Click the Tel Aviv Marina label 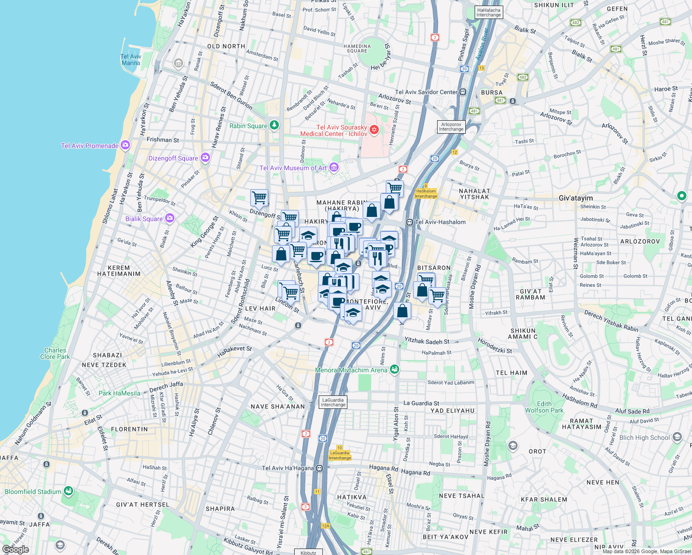pos(130,60)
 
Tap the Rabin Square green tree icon pos(275,125)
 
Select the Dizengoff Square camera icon pos(205,158)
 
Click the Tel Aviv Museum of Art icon pos(334,167)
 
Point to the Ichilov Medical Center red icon pos(374,130)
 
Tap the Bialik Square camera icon pos(170,218)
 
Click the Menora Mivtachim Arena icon pos(395,369)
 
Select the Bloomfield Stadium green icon pos(68,491)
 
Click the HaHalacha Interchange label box pos(488,12)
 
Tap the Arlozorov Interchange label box pos(451,127)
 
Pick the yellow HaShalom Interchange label pos(426,194)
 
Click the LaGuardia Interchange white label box pos(333,402)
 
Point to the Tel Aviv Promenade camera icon pos(125,145)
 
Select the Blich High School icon pos(677,437)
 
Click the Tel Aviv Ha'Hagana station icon pos(319,468)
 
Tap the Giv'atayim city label pos(575,198)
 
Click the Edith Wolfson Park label pos(544,407)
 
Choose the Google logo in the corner pos(15,549)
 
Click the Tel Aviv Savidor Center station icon pos(463,92)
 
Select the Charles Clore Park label pos(55,353)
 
